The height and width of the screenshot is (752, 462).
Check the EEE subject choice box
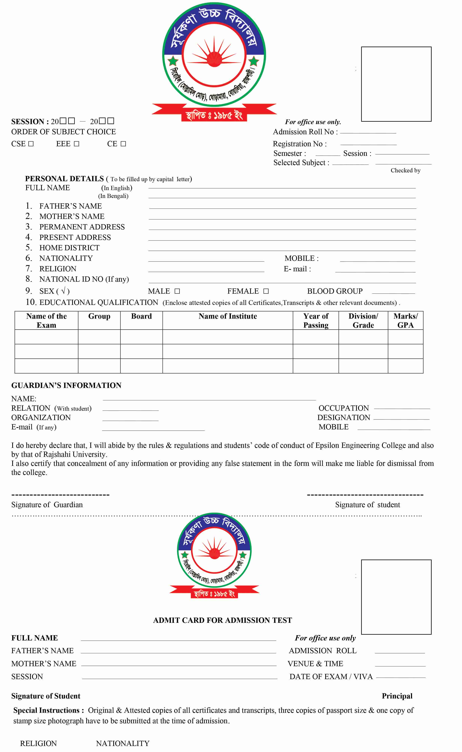(76, 144)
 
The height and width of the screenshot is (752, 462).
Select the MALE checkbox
(177, 291)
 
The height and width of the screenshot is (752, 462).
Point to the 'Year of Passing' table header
(316, 321)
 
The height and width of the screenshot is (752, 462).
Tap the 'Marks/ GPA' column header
(405, 321)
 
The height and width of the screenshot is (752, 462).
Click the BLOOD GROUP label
(335, 291)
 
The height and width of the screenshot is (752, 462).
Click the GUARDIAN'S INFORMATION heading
(66, 385)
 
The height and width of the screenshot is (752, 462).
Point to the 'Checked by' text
(405, 170)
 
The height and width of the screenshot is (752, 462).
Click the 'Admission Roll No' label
(305, 132)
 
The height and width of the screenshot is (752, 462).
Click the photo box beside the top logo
(396, 84)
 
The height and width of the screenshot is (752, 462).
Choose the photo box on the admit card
(396, 597)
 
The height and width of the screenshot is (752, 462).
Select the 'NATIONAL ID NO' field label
(84, 279)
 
